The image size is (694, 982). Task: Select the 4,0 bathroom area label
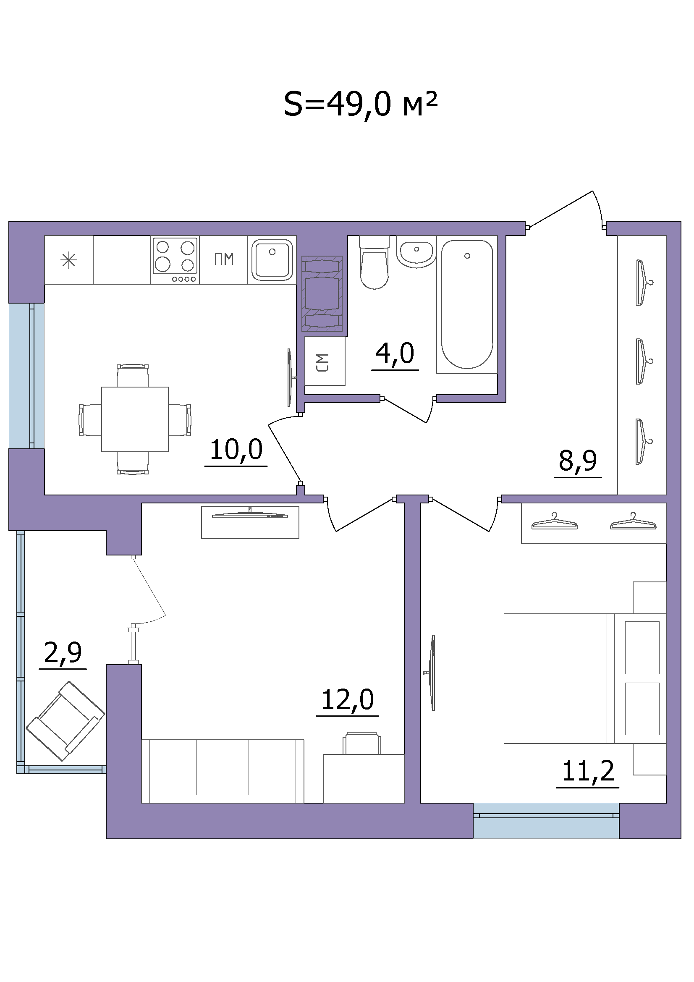tap(395, 353)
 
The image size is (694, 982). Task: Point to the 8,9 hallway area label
tap(578, 461)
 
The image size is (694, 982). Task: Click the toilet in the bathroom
tap(374, 262)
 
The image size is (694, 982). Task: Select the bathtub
tap(467, 305)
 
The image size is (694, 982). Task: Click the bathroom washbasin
tap(416, 252)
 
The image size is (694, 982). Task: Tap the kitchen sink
tap(272, 260)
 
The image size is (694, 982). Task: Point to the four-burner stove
tap(175, 260)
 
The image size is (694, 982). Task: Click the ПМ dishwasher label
tap(224, 259)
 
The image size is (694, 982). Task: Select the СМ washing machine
tap(325, 361)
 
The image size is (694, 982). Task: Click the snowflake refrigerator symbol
tap(69, 260)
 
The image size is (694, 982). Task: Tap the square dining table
tap(135, 419)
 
